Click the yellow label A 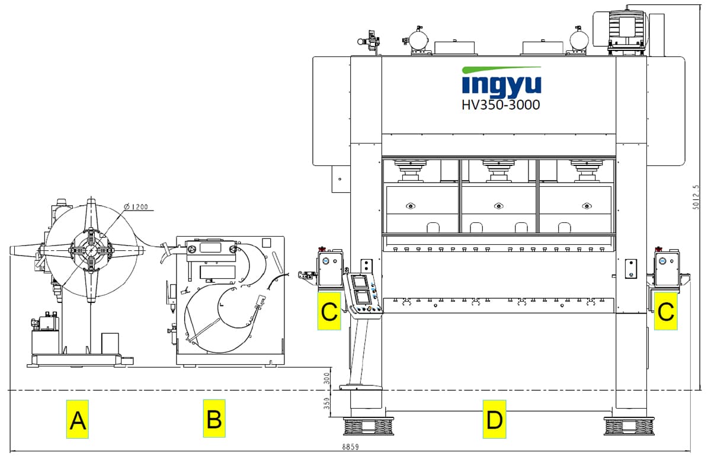click(x=77, y=419)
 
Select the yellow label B click(x=214, y=419)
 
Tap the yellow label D click(x=494, y=419)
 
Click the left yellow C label click(x=329, y=311)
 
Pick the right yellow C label click(x=665, y=311)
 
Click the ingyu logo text click(x=501, y=84)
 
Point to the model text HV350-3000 click(x=501, y=105)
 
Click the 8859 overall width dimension click(x=350, y=446)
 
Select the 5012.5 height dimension click(x=696, y=196)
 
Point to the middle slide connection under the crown click(x=498, y=171)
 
